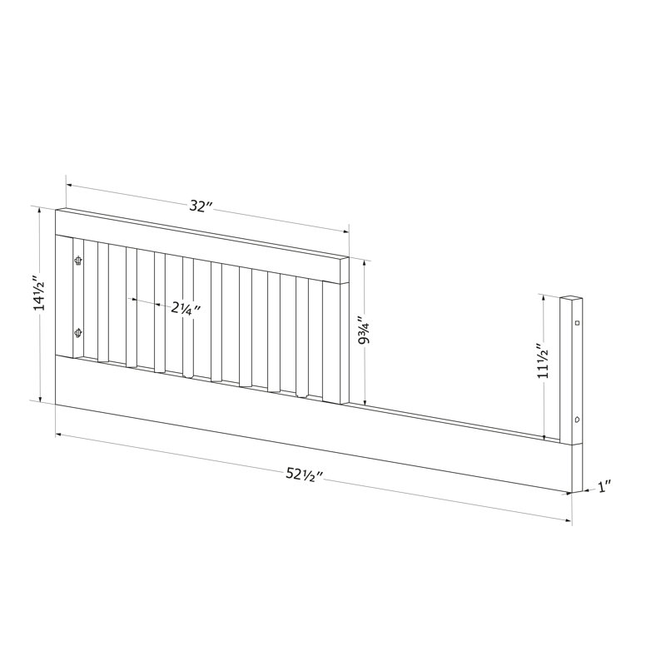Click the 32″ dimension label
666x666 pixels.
click(201, 206)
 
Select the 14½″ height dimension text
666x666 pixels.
click(40, 294)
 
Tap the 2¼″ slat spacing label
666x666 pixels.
click(185, 308)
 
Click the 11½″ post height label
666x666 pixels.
click(544, 360)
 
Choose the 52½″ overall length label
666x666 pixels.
click(305, 475)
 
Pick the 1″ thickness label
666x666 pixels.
click(605, 487)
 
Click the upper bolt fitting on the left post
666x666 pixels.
click(78, 260)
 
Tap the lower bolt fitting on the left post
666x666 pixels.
click(78, 333)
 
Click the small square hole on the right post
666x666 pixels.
click(577, 323)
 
